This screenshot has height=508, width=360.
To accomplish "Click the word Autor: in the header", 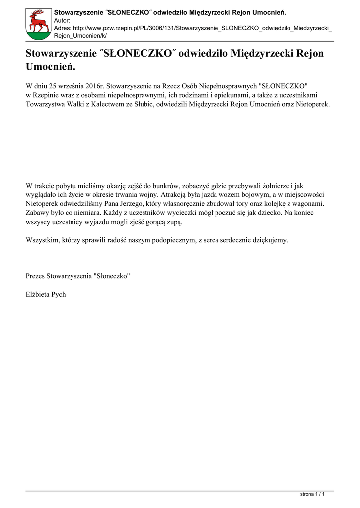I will click(62, 20).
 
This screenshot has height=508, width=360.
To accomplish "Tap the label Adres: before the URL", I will click(63, 29).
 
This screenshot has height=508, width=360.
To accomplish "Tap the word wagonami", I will click(308, 203).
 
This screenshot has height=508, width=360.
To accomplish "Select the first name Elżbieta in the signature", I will click(38, 294).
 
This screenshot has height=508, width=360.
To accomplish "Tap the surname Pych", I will click(59, 294).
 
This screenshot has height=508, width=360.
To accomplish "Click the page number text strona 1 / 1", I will click(313, 494).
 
